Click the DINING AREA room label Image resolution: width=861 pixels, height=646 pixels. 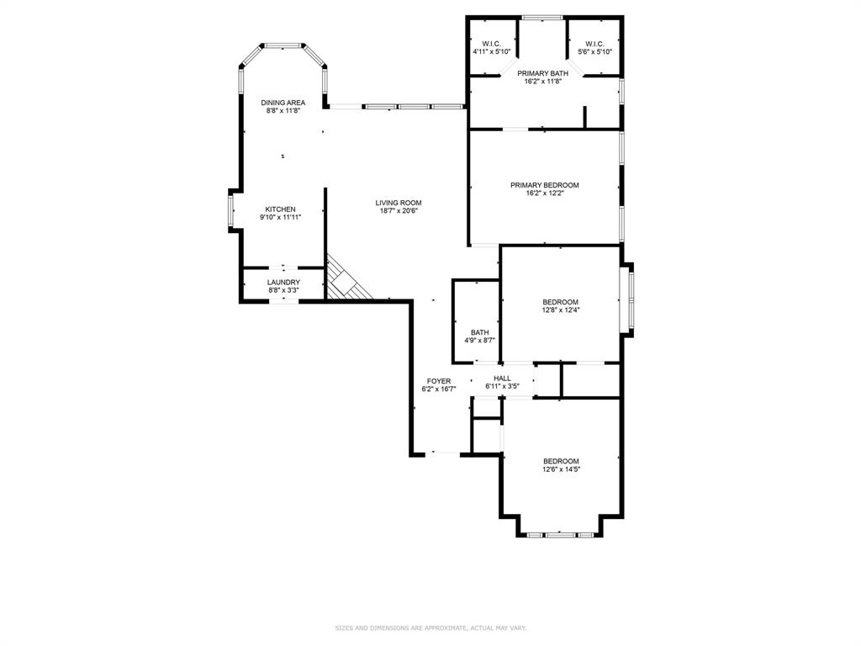pyautogui.click(x=283, y=103)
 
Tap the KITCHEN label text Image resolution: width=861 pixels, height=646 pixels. pyautogui.click(x=280, y=209)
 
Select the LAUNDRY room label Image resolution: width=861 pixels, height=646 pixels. pyautogui.click(x=283, y=283)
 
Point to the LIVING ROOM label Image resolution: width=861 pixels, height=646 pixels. pyautogui.click(x=398, y=203)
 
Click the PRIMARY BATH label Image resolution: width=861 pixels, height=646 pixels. pyautogui.click(x=542, y=74)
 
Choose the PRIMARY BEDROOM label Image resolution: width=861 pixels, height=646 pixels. pyautogui.click(x=544, y=185)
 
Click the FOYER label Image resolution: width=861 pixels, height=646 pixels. pyautogui.click(x=438, y=382)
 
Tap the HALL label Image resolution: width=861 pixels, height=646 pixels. pyautogui.click(x=502, y=379)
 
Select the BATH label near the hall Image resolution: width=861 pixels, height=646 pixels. pyautogui.click(x=479, y=332)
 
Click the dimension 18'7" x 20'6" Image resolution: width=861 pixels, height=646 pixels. pyautogui.click(x=398, y=211)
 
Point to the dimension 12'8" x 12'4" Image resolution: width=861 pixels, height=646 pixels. pyautogui.click(x=560, y=310)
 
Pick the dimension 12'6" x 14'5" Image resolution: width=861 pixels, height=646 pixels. pyautogui.click(x=560, y=469)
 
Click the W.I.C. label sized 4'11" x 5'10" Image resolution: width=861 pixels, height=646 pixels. pyautogui.click(x=491, y=44)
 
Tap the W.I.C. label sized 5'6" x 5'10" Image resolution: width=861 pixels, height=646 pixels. pyautogui.click(x=594, y=44)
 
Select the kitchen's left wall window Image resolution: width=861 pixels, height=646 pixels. pyautogui.click(x=230, y=210)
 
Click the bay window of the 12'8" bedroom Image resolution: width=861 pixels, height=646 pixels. pyautogui.click(x=626, y=300)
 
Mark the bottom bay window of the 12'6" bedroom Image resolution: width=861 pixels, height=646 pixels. pyautogui.click(x=559, y=534)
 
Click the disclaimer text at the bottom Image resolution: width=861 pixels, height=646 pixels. pyautogui.click(x=430, y=627)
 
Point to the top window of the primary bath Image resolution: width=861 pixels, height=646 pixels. pyautogui.click(x=542, y=17)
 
